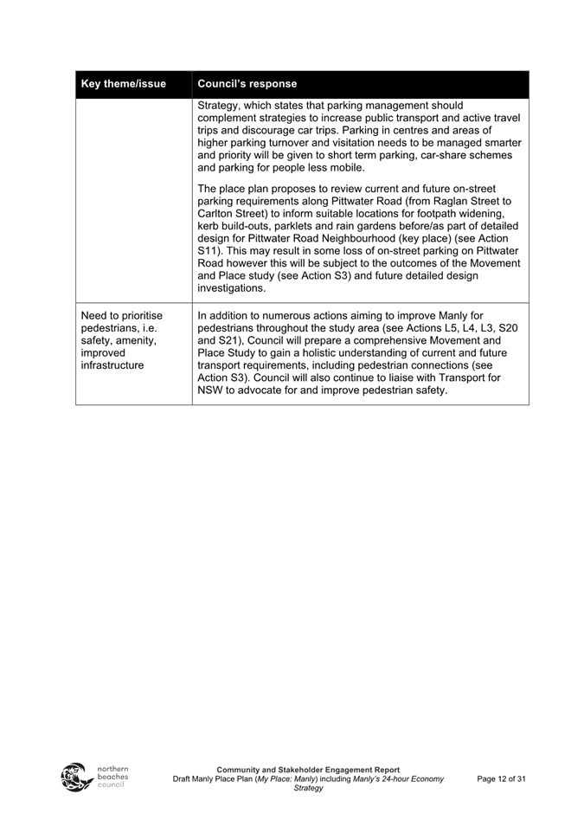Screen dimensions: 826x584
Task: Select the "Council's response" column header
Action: pyautogui.click(x=247, y=84)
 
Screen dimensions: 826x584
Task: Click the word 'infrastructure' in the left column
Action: pyautogui.click(x=112, y=365)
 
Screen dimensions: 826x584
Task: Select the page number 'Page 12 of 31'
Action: pyautogui.click(x=501, y=779)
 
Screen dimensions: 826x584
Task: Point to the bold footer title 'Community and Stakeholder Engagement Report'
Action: pyautogui.click(x=308, y=769)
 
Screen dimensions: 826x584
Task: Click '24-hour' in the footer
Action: pyautogui.click(x=393, y=779)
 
